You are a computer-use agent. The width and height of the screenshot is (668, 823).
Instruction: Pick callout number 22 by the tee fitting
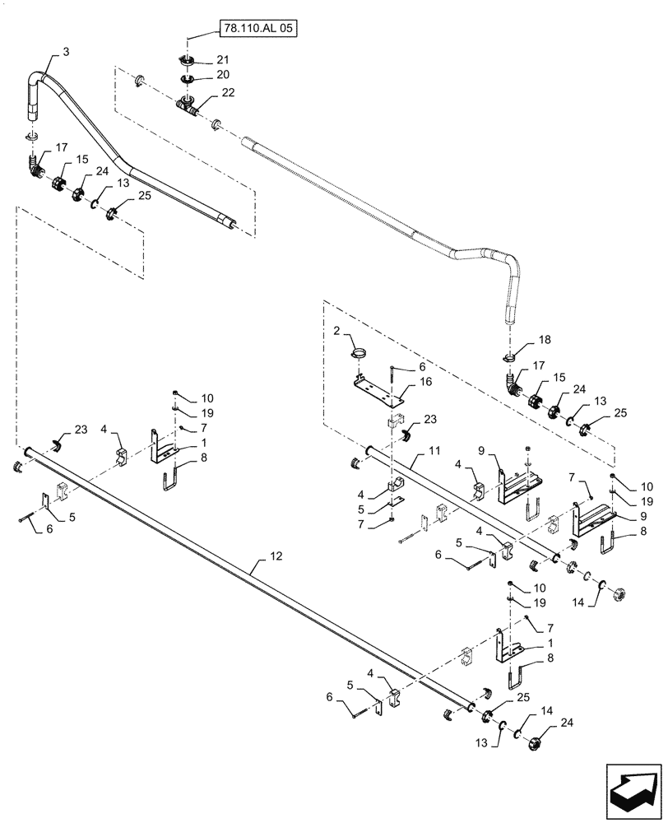(x=228, y=92)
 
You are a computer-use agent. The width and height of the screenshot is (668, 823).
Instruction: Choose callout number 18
(x=544, y=338)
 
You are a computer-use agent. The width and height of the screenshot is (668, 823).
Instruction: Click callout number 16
(x=425, y=383)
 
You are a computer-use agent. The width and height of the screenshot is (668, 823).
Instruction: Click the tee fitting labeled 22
(x=187, y=105)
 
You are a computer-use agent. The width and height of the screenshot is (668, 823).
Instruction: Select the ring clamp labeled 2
(x=358, y=354)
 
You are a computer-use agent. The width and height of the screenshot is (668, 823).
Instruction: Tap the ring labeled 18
(x=508, y=357)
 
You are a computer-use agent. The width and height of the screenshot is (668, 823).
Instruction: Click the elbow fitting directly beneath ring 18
(x=515, y=382)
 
